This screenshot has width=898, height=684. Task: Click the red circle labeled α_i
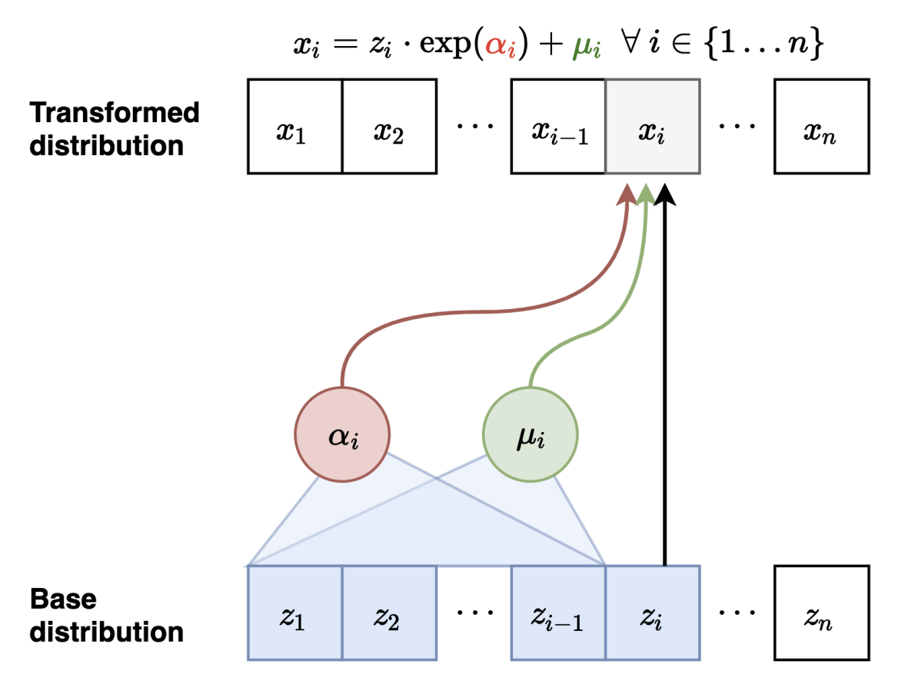coord(342,435)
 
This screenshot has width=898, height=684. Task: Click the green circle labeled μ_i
coord(530,435)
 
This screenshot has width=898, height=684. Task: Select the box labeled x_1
coord(294,126)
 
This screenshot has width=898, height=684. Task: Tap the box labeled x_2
coord(389,126)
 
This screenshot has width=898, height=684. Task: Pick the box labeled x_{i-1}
coord(559,126)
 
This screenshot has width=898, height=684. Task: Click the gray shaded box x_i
coord(653,126)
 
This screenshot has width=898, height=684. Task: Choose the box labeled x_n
coord(822,126)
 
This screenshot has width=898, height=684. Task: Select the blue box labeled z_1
coord(294,613)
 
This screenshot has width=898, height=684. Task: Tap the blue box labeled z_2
coord(389,613)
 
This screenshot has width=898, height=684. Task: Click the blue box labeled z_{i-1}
coord(559,613)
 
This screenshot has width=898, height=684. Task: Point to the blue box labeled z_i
coord(653,613)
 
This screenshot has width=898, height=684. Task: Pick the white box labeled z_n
coord(822,613)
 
